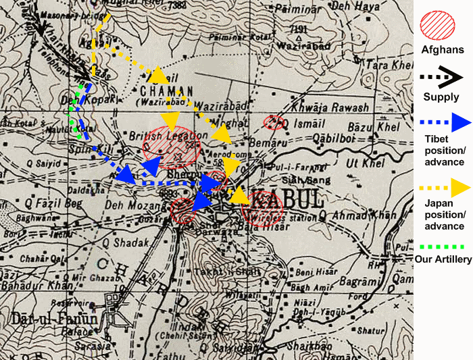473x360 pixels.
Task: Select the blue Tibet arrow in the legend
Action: click(443, 124)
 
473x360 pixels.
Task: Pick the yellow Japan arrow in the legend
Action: click(443, 186)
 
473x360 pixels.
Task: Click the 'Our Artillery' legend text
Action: click(443, 259)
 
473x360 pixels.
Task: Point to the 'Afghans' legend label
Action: click(443, 49)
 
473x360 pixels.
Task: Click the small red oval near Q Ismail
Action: click(273, 122)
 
